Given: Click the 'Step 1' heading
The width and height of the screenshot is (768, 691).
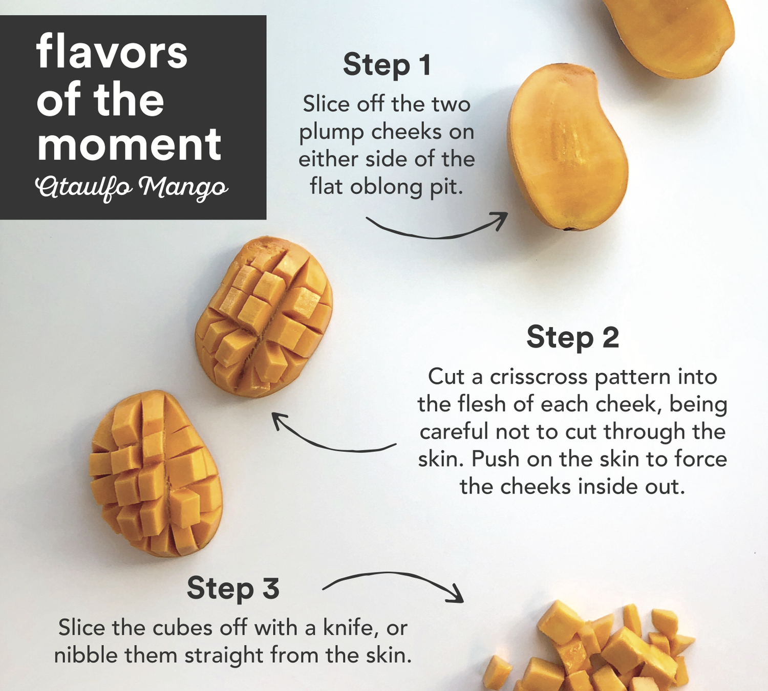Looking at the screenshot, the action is (387, 65).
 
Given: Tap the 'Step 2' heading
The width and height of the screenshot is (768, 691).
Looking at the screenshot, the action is (572, 337).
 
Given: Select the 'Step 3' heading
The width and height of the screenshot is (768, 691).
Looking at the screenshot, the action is (233, 588).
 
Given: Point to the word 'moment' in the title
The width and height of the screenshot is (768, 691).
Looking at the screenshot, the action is (129, 144).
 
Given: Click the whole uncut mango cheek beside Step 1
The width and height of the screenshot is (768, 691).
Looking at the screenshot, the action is (567, 148).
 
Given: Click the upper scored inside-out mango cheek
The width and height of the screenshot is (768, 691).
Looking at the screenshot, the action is (263, 317).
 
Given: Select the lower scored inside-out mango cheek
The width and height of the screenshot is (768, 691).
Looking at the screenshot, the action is (156, 473).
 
